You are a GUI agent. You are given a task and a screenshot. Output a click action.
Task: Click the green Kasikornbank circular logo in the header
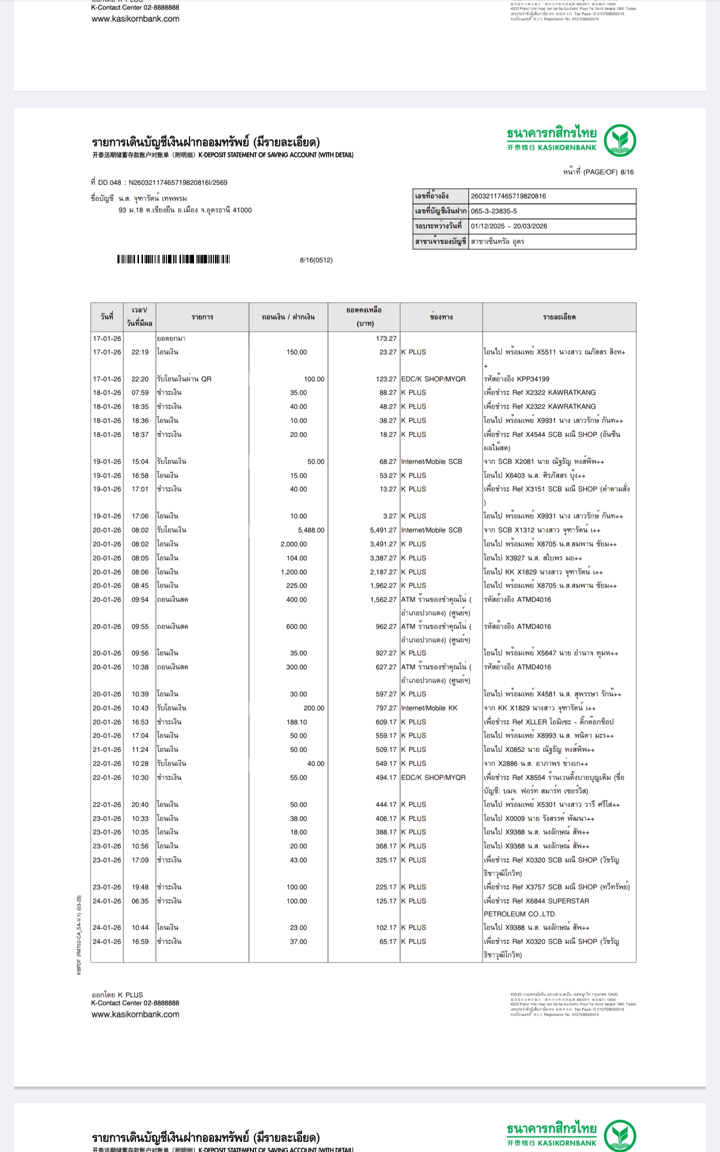[x=619, y=140]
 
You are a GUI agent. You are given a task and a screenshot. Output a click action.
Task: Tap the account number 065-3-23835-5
[x=493, y=211]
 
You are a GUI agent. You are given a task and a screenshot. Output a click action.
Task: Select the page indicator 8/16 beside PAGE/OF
[x=627, y=172]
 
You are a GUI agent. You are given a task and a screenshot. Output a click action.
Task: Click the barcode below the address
[x=173, y=259]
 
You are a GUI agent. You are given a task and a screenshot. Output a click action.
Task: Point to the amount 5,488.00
[x=311, y=530]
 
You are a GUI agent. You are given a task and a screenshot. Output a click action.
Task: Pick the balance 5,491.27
[x=383, y=530]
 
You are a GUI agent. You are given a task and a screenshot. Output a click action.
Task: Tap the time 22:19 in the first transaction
[x=140, y=352]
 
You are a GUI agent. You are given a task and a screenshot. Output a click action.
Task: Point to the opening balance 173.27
[x=386, y=338]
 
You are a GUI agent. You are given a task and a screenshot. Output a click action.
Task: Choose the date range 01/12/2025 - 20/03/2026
[x=508, y=226]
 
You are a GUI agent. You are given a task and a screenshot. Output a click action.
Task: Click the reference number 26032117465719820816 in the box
[x=508, y=196]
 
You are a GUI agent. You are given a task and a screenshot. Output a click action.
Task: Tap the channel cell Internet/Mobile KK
[x=429, y=708]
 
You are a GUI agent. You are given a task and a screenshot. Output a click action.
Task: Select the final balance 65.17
[x=387, y=941]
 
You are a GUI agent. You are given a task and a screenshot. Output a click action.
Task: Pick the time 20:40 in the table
[x=140, y=804]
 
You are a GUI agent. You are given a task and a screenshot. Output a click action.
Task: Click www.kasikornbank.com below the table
[x=135, y=1014]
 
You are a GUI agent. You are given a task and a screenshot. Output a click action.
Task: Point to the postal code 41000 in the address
[x=242, y=210]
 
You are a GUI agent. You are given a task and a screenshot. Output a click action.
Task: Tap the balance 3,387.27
[x=383, y=558]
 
